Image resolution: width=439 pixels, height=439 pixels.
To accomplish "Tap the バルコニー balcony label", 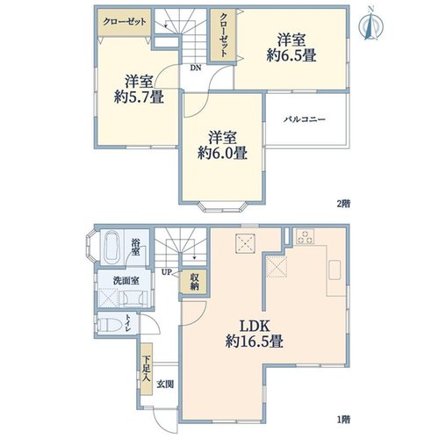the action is point(306,119).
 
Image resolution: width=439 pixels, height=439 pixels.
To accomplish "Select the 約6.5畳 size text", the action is point(291,55).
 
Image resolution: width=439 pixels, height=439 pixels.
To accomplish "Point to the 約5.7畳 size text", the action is point(139,97).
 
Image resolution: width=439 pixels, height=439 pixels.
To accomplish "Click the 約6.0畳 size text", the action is point(222,153).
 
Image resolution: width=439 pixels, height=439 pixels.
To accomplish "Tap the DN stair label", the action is point(196,68).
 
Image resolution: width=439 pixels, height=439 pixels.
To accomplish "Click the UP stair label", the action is point(166,272).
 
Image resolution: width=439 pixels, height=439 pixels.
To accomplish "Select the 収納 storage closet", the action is point(194,282).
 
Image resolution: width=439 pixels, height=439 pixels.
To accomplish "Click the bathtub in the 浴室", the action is point(112,248).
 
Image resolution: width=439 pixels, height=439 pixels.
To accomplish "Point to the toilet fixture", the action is point(110,325).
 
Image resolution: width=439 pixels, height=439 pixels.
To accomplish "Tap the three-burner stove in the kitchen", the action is point(305,236).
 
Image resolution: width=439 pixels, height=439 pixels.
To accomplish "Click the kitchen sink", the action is point(335,270).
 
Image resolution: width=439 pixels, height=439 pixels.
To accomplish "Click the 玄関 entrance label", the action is point(165,384).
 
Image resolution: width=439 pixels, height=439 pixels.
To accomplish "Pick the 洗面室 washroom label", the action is point(126,281).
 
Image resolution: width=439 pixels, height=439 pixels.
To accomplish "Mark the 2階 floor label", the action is point(343,204).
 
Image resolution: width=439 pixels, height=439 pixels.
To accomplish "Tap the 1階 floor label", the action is point(343,420).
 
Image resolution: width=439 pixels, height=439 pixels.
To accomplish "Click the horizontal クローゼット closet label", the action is point(125,22).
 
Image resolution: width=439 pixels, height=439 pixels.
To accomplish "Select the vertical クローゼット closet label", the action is point(223,34).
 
